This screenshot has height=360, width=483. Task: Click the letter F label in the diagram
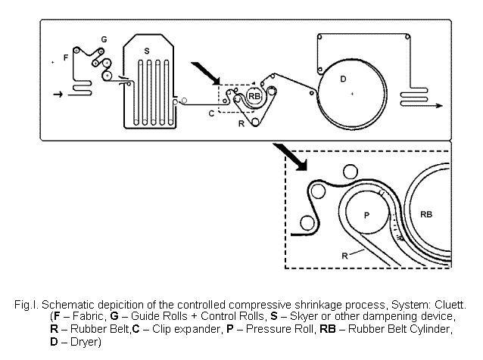[x=66, y=57]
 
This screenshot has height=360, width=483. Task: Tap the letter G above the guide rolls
[x=104, y=38]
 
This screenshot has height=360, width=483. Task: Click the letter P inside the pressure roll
[x=366, y=216]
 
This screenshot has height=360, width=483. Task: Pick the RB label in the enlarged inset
[x=427, y=215]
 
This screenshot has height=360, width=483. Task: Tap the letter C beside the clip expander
[x=212, y=113]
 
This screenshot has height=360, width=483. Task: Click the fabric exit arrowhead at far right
[x=438, y=106]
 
